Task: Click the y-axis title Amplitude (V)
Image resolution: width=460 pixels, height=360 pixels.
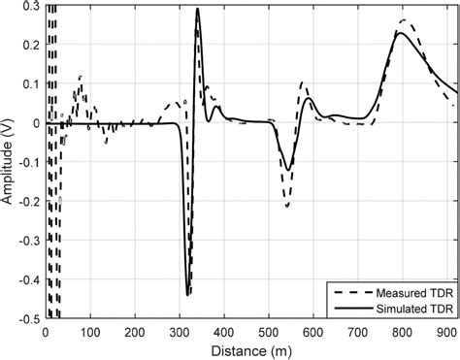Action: (x=9, y=160)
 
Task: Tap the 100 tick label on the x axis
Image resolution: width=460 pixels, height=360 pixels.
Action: (x=89, y=330)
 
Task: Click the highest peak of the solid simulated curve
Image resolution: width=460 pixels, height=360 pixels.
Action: (x=197, y=10)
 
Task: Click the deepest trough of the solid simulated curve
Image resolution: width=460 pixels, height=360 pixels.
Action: (x=187, y=293)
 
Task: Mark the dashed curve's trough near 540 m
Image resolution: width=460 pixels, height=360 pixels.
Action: (x=286, y=205)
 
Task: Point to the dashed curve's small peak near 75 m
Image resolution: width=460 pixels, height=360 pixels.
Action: (x=79, y=76)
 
